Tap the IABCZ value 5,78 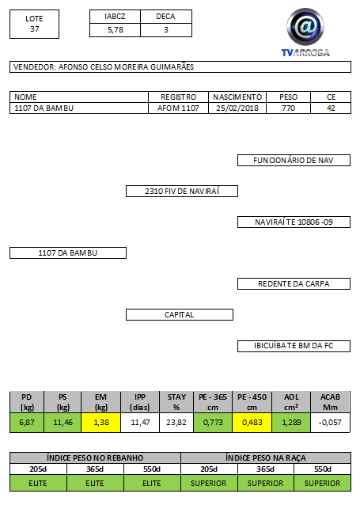116,30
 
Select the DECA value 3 166,30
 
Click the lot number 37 35,29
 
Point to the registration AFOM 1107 178,108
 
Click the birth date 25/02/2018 237,108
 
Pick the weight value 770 288,108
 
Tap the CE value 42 331,108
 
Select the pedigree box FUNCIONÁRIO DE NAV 294,161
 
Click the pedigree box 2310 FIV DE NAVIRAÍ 182,191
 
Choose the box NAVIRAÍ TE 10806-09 294,222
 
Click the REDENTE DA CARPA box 294,283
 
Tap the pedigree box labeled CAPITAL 180,315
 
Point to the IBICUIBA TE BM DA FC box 294,346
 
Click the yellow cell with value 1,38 101,422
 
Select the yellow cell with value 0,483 252,422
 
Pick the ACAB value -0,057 330,422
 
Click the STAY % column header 176,402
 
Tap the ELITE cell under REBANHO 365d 95,483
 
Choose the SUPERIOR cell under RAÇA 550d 322,483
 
